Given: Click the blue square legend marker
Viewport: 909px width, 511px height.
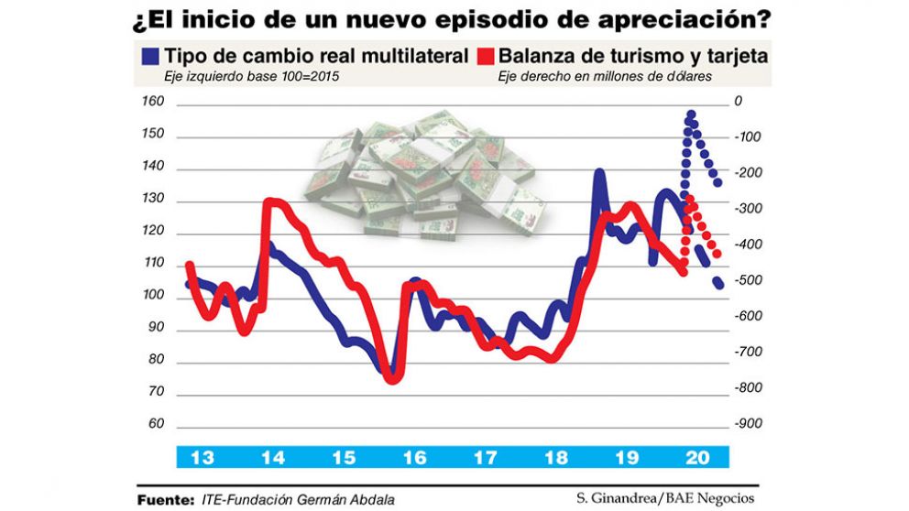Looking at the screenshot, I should point(150,57).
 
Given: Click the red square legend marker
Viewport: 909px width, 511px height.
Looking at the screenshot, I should point(486,57).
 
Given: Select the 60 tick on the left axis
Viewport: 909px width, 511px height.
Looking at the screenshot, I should point(154,425).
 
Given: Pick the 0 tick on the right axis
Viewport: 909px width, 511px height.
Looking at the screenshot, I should point(739,103).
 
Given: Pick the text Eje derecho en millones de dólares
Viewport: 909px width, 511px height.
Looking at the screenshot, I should point(605,77).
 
